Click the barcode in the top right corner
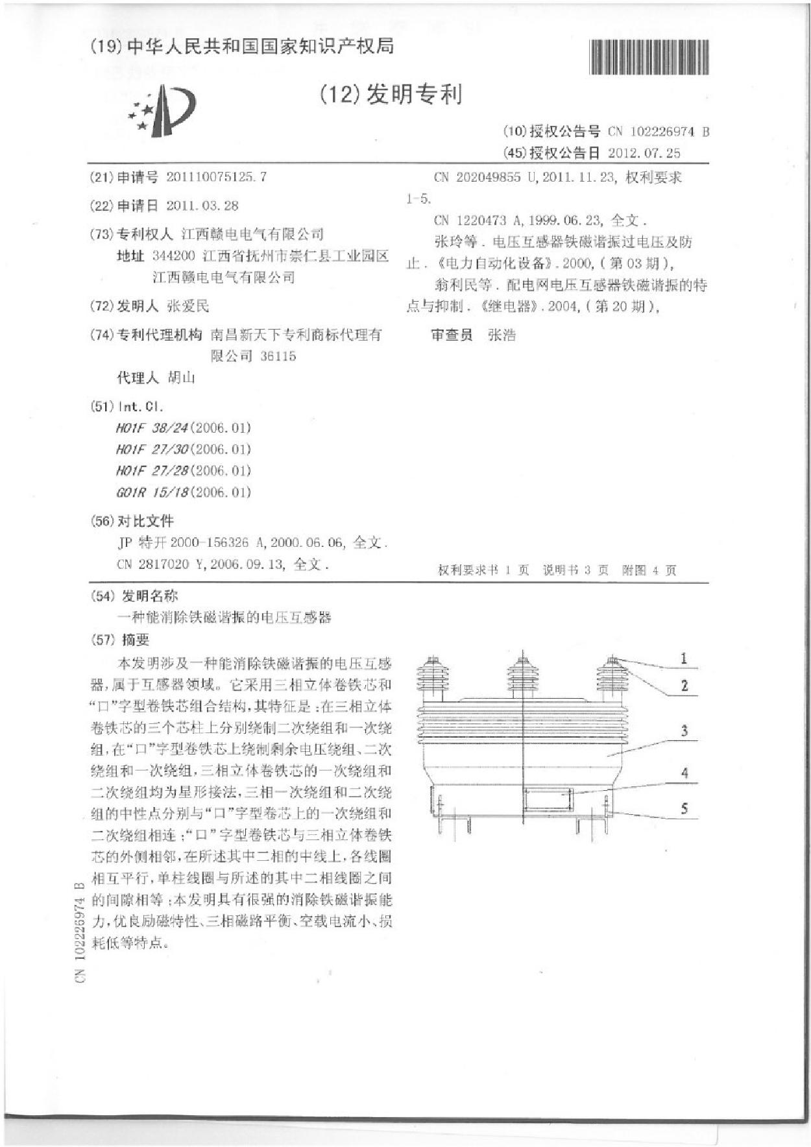point(649,57)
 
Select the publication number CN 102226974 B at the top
point(658,132)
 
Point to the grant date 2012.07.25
point(644,153)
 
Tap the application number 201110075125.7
point(216,177)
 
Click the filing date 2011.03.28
point(202,206)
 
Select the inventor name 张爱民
point(188,306)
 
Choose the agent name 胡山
point(182,378)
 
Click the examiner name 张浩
point(502,335)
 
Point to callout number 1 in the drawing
point(683,659)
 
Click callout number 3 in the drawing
point(684,731)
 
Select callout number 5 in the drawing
point(684,809)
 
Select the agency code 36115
point(278,356)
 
